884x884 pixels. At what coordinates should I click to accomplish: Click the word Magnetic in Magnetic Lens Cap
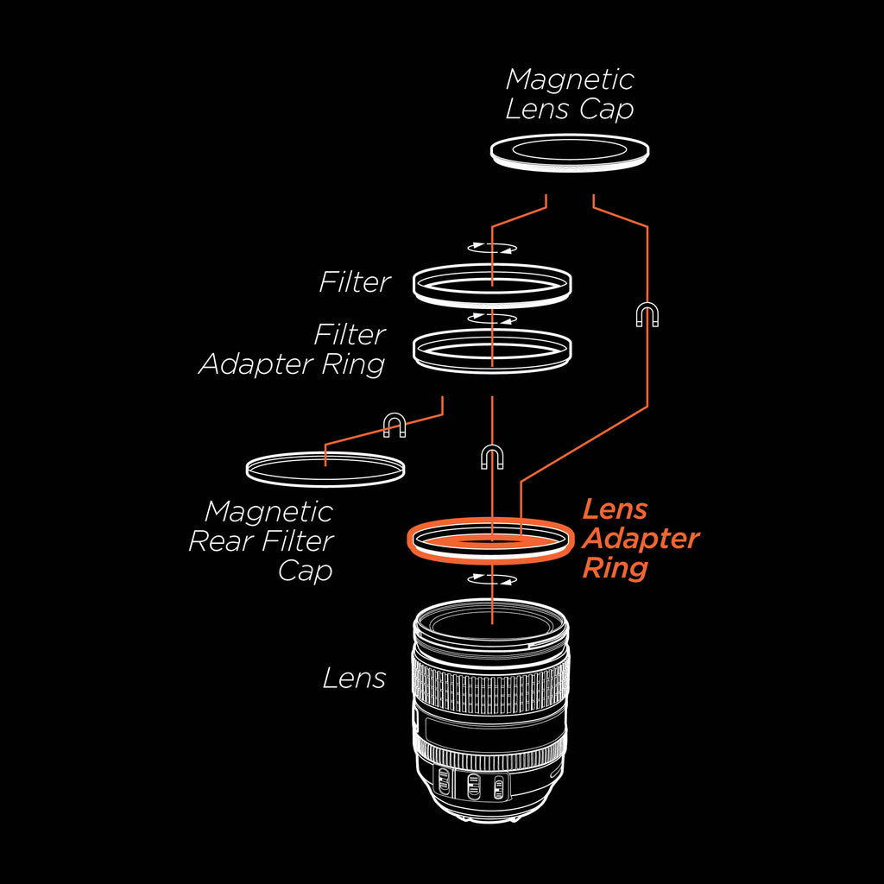pos(570,79)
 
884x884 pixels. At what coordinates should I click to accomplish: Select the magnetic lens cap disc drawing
pos(570,152)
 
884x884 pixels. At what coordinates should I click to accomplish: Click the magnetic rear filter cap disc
pos(325,467)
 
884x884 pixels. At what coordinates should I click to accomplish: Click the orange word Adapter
pos(641,539)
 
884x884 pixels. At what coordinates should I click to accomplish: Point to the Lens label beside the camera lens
pos(354,679)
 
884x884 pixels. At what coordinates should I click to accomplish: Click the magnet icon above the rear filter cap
pos(395,424)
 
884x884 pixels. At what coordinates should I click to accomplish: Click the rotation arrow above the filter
pos(491,248)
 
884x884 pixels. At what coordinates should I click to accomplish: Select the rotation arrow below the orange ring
pos(491,579)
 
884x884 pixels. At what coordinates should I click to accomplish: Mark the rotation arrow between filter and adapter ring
pos(491,319)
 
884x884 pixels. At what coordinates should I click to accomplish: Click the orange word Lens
pos(615,509)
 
